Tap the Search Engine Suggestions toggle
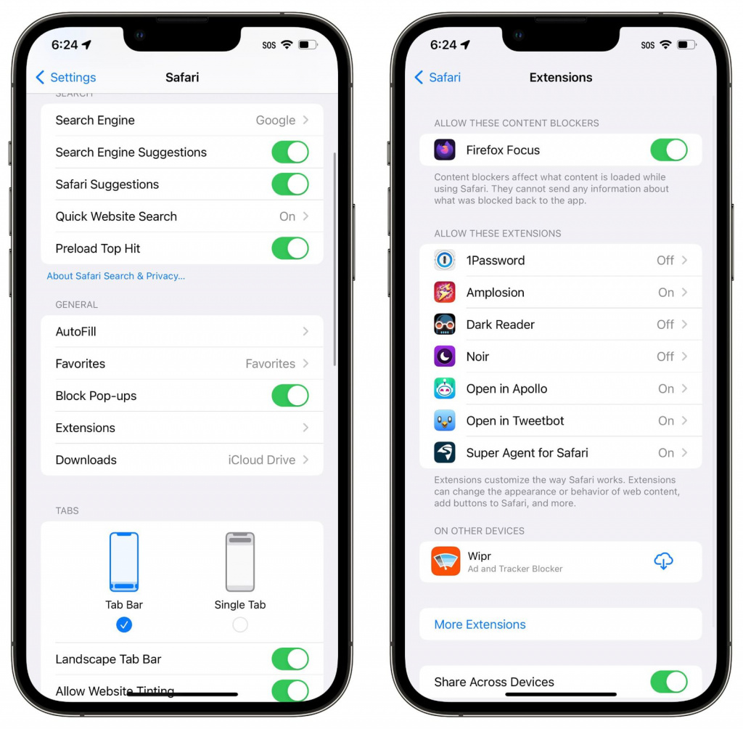click(x=290, y=152)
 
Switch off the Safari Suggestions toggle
click(x=290, y=184)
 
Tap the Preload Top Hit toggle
click(x=290, y=248)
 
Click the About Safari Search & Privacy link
click(x=115, y=276)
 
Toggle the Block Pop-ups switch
click(x=290, y=396)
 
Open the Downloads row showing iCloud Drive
click(x=182, y=460)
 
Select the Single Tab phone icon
click(x=239, y=562)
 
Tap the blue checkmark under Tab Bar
click(x=124, y=624)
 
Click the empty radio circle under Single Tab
click(x=240, y=624)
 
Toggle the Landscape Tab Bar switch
click(x=290, y=659)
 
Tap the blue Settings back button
click(x=66, y=77)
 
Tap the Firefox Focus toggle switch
click(x=668, y=150)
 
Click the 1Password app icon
click(x=445, y=260)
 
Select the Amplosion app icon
click(x=445, y=292)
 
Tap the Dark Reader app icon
click(x=445, y=325)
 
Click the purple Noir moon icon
click(x=445, y=357)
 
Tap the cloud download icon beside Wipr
click(x=663, y=561)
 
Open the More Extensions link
click(x=480, y=624)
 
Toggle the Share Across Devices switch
click(x=668, y=682)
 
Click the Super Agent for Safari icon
click(x=445, y=452)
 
